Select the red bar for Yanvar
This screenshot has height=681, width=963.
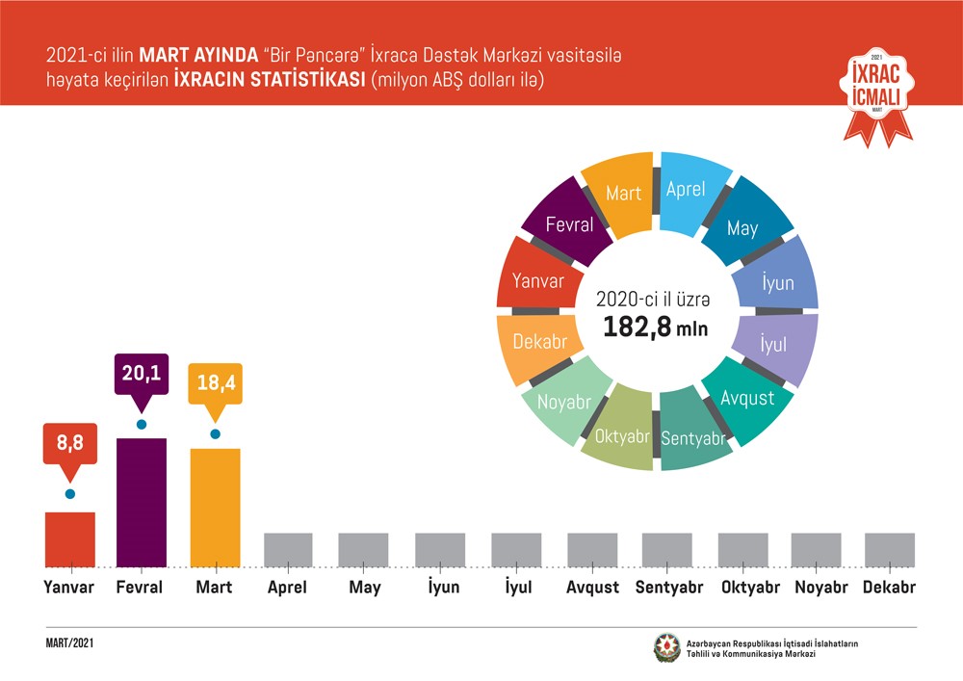(69, 539)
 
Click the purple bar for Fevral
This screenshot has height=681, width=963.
(141, 502)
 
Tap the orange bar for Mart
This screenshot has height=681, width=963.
(215, 508)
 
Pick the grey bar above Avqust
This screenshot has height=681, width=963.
(591, 550)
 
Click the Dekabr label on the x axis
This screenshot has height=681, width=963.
(889, 588)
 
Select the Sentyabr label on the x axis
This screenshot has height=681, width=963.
(666, 588)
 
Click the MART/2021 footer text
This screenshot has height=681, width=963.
(69, 642)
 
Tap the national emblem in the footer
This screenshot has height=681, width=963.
(666, 648)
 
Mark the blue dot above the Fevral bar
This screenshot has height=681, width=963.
(141, 424)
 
